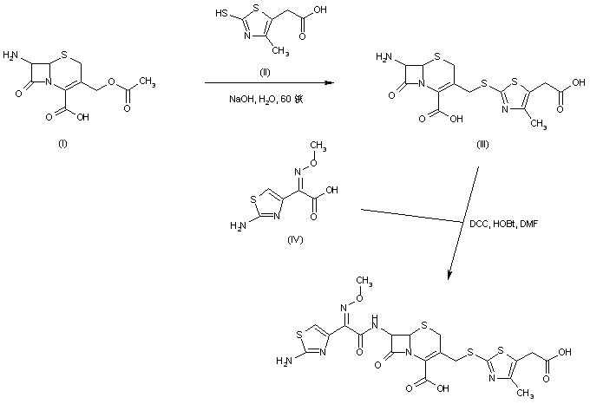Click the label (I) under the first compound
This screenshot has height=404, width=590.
(62, 143)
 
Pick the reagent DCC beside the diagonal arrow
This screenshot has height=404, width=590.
(477, 225)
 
